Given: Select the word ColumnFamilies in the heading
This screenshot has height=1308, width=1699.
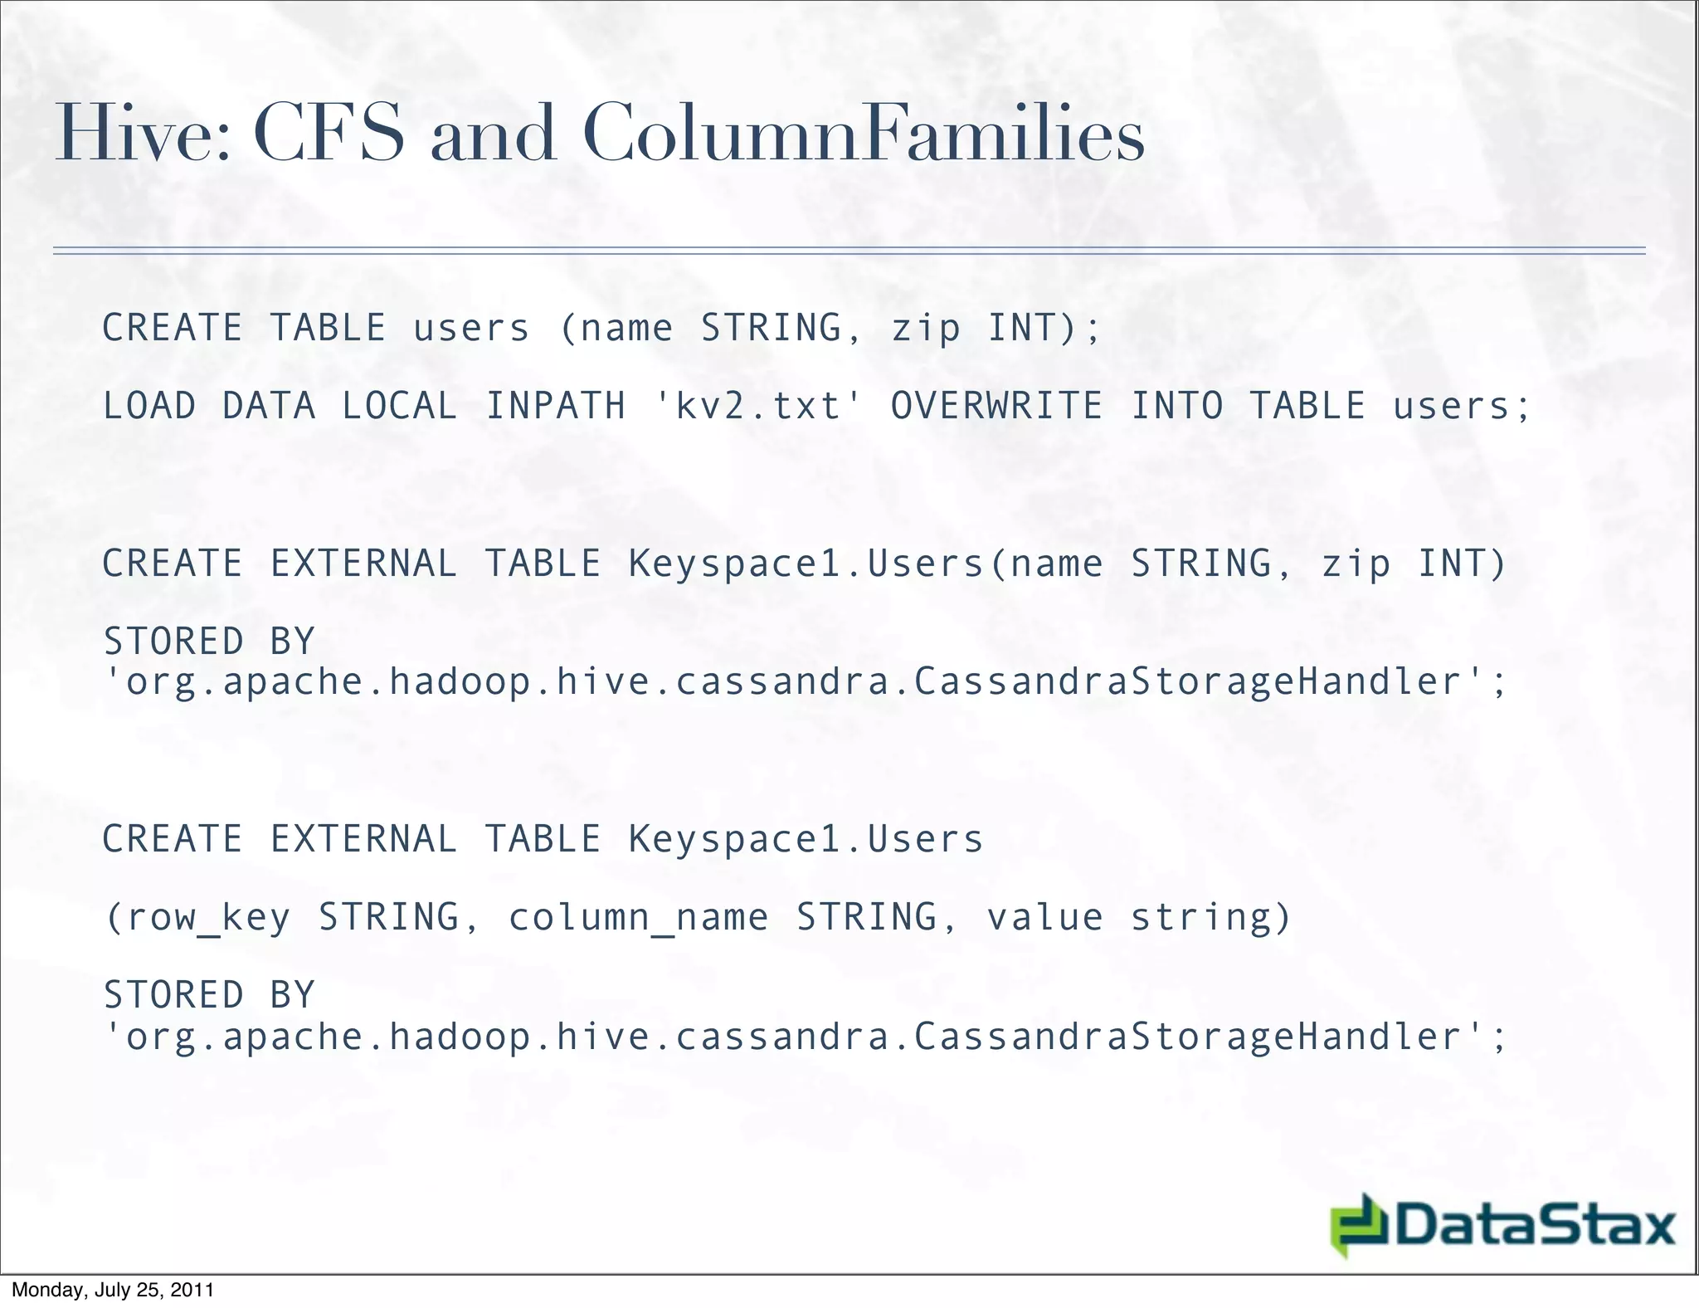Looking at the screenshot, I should tap(864, 134).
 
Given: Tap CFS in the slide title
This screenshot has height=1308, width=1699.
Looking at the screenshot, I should tap(329, 134).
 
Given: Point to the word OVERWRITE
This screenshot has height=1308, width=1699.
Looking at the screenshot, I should tap(996, 406).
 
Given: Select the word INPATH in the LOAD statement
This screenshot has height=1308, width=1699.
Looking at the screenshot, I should tap(555, 406).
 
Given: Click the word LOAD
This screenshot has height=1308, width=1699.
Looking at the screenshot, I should tap(149, 406).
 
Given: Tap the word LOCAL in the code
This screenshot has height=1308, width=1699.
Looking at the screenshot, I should tap(399, 406).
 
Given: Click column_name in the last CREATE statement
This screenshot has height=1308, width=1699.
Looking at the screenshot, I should tap(638, 918).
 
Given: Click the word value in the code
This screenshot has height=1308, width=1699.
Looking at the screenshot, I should tap(1044, 916).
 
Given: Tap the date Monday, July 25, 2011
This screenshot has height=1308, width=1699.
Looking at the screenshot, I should tap(113, 1290).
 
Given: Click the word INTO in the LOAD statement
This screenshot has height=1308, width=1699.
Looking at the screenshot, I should tap(1177, 406).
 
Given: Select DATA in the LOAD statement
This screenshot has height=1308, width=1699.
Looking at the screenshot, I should tap(269, 406).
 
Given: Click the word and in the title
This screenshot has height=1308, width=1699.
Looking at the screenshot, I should tap(493, 134).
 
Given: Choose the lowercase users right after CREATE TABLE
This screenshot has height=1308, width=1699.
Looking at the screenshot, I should tap(471, 328).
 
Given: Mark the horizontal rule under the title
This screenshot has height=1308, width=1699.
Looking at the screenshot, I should tap(849, 250).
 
